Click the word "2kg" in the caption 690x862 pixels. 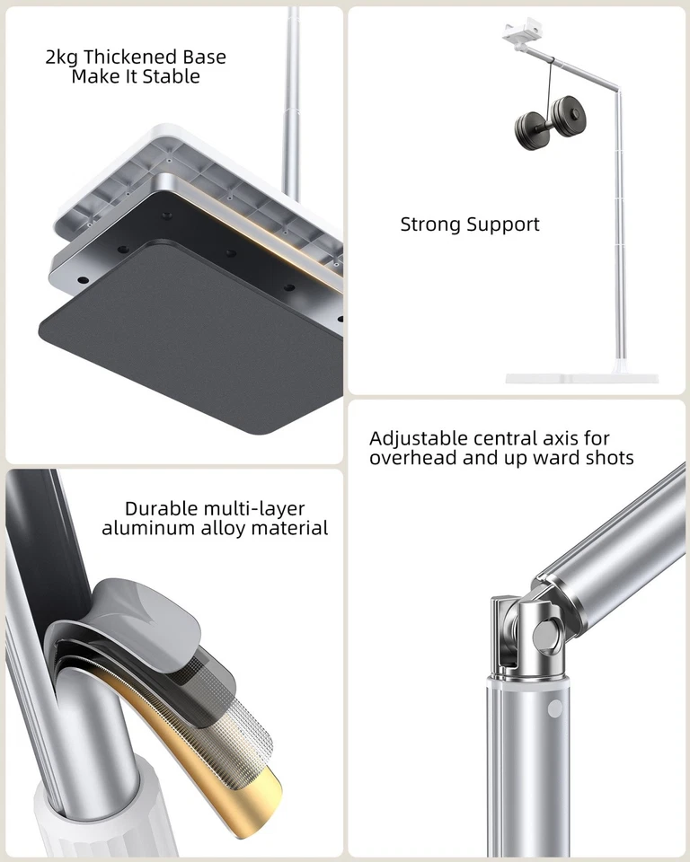pos(62,57)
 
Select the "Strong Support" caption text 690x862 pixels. pos(470,224)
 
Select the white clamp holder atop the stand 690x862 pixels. pos(521,34)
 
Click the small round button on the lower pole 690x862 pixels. pos(554,708)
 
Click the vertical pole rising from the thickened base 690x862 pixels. pos(292,99)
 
